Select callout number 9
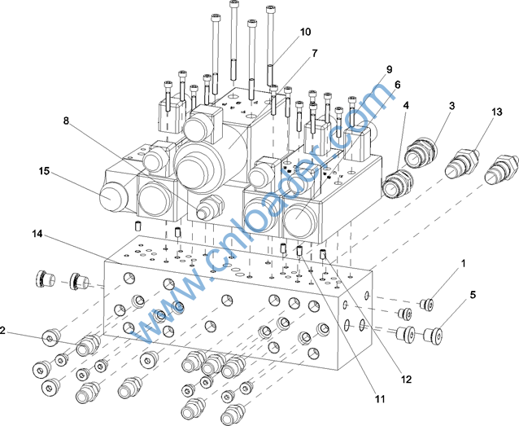(390, 70)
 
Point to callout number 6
(398, 85)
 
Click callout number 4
(406, 106)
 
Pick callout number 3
(451, 106)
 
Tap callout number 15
(44, 171)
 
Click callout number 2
(4, 331)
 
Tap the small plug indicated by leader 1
(425, 305)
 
